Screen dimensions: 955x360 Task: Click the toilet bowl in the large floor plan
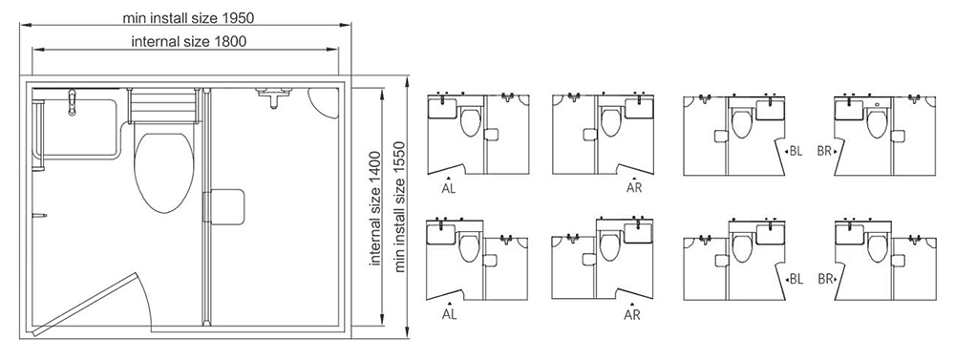click(164, 173)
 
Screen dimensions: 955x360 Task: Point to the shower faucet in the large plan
click(272, 96)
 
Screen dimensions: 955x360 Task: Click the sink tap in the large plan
click(72, 102)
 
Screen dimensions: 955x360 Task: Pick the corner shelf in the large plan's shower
click(323, 101)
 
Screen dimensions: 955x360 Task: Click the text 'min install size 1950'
click(188, 17)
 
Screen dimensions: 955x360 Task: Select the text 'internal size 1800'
click(189, 41)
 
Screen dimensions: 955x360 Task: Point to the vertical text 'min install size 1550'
click(400, 206)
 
